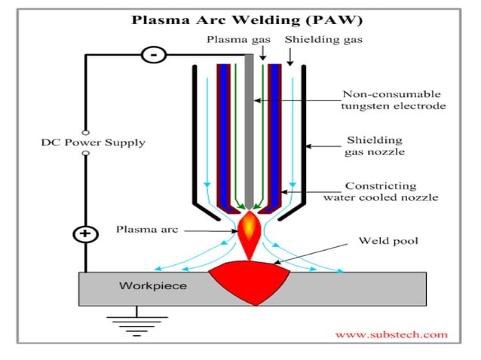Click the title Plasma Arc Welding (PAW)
click(x=240, y=20)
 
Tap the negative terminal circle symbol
click(x=154, y=55)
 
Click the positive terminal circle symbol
click(x=85, y=234)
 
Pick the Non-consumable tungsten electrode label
click(x=393, y=100)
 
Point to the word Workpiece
click(x=153, y=286)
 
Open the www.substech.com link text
click(x=391, y=334)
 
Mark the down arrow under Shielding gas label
click(x=290, y=56)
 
